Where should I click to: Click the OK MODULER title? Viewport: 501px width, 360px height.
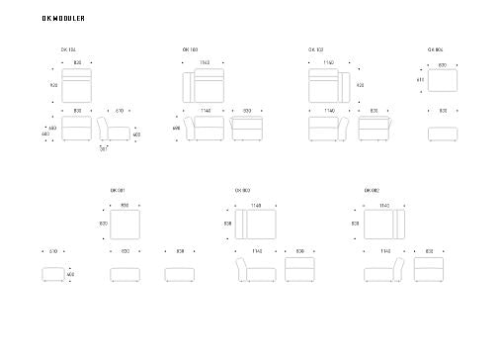click(x=56, y=18)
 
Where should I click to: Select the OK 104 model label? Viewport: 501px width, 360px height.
click(x=68, y=48)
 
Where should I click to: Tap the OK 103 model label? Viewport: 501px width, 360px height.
click(x=190, y=48)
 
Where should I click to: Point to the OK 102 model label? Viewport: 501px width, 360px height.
click(x=315, y=48)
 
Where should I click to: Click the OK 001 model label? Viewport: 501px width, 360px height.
click(x=118, y=190)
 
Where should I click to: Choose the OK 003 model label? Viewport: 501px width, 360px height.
click(x=242, y=190)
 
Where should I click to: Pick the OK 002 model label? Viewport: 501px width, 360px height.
click(x=372, y=190)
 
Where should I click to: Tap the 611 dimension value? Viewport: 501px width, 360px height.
click(x=420, y=80)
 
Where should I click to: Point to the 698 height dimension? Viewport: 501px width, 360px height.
click(x=176, y=128)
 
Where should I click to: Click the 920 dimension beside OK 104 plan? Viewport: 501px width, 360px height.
click(x=53, y=85)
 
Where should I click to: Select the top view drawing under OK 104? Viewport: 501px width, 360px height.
click(x=77, y=86)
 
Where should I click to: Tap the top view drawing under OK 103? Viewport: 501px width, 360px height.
click(x=204, y=86)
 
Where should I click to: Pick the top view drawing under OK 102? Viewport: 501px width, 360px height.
click(x=328, y=86)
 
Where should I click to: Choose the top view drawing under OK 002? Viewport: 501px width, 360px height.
click(x=383, y=225)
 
